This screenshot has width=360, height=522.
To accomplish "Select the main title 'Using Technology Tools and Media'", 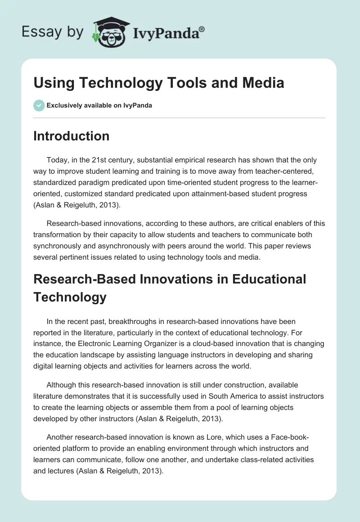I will pyautogui.click(x=158, y=83).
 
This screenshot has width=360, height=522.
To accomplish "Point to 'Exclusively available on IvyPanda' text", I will pyautogui.click(x=99, y=105).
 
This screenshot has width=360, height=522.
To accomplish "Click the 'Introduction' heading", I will pyautogui.click(x=71, y=136).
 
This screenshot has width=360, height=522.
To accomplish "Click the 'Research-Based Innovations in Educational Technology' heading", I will pyautogui.click(x=170, y=288).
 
